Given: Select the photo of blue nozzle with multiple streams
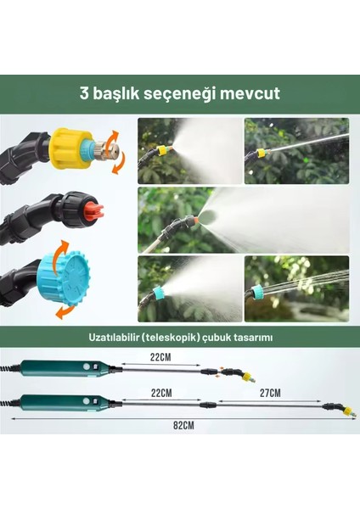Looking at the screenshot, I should tap(296, 288).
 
